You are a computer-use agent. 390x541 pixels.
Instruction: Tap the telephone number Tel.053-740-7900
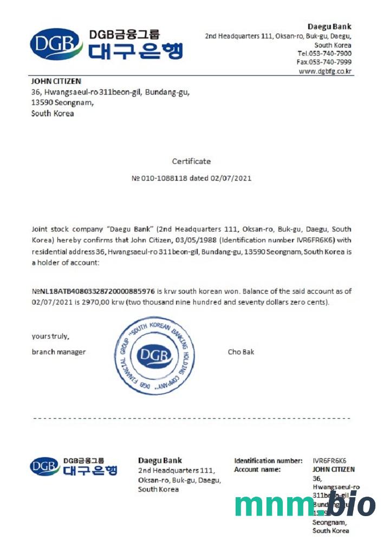[x=324, y=54]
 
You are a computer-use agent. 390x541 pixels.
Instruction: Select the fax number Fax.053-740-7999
[x=324, y=62]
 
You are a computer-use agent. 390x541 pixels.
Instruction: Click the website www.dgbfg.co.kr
[x=325, y=71]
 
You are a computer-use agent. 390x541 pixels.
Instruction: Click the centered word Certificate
[x=191, y=161]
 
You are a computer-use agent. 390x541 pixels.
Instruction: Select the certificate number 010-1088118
[x=163, y=177]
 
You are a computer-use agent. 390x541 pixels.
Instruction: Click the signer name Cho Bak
[x=241, y=352]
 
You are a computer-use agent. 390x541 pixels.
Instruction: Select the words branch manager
[x=58, y=352]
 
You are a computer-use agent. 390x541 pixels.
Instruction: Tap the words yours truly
[x=50, y=337]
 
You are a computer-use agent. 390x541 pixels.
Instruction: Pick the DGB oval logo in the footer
[x=45, y=466]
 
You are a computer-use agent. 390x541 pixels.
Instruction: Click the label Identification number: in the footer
[x=268, y=461]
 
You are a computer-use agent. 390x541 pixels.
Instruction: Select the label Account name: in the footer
[x=257, y=470]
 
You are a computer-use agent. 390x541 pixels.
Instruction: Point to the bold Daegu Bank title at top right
[x=329, y=27]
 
